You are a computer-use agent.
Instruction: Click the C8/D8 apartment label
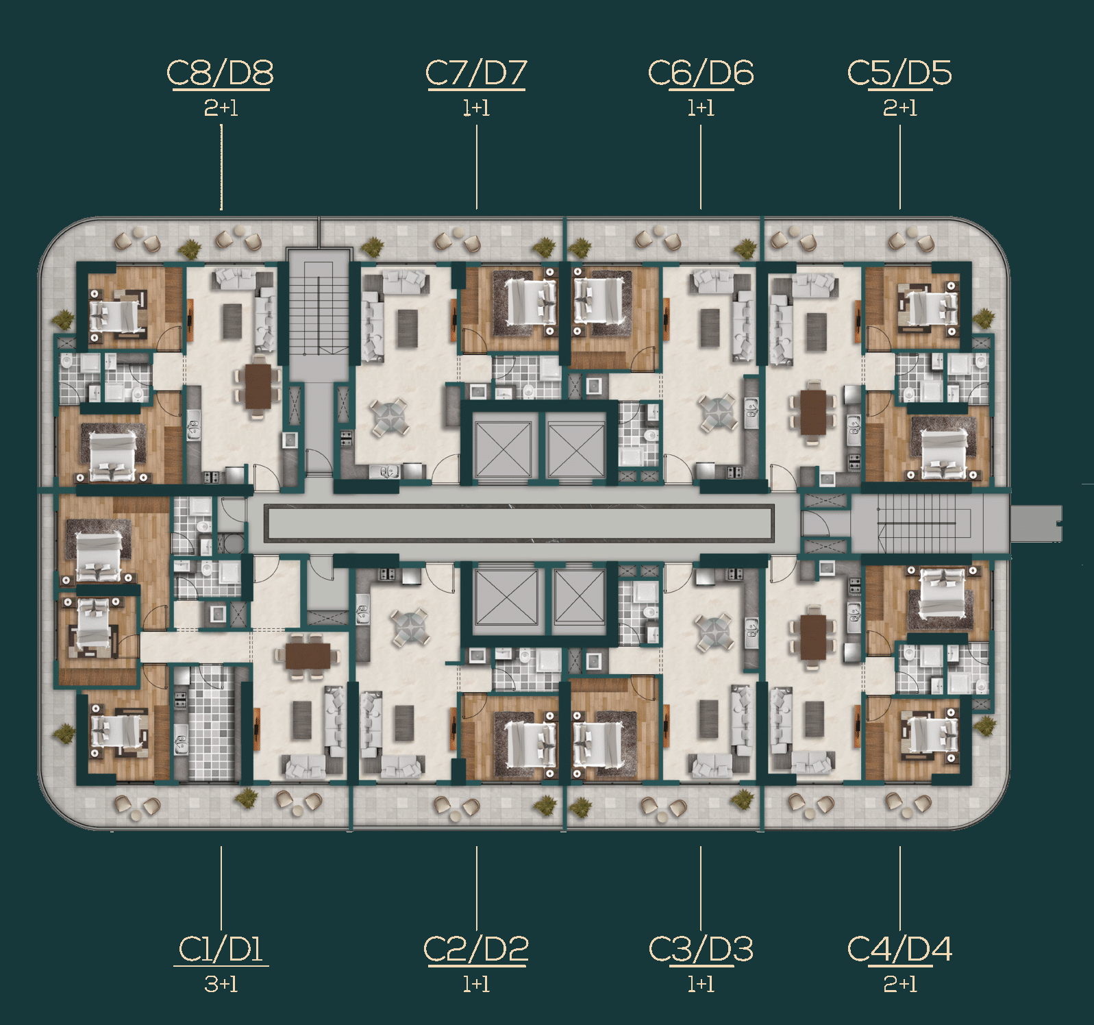click(220, 73)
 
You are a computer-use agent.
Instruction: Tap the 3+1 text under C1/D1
click(221, 984)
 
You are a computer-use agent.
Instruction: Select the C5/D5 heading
click(899, 73)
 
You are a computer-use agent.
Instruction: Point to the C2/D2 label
click(476, 950)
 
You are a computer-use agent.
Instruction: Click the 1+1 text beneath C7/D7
click(476, 108)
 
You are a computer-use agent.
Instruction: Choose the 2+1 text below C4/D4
click(900, 984)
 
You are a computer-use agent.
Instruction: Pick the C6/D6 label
click(701, 73)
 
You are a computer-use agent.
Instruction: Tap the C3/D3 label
click(701, 950)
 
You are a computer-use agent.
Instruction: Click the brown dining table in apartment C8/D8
click(258, 386)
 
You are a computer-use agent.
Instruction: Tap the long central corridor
click(521, 523)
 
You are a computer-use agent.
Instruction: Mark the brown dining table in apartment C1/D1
click(308, 656)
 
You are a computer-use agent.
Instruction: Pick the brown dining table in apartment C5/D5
click(814, 412)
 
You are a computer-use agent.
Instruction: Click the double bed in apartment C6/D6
click(600, 301)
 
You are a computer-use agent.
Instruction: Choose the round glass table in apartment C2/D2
click(410, 626)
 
